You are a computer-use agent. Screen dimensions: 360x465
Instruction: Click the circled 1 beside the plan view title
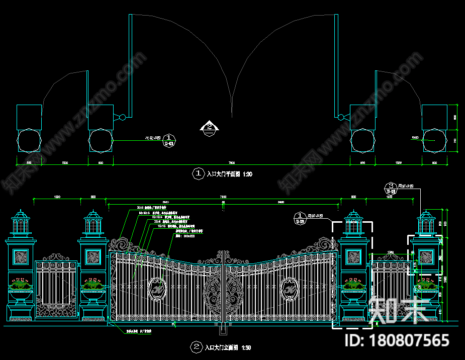click(x=197, y=174)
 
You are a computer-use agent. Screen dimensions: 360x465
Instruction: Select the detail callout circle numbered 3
click(x=390, y=185)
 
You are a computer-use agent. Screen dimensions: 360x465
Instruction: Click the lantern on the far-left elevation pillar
click(x=21, y=223)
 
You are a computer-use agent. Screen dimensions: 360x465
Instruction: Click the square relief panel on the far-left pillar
click(x=21, y=257)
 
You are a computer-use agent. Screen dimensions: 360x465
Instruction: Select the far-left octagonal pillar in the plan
click(x=29, y=140)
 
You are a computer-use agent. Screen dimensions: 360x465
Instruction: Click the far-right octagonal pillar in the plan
click(x=434, y=140)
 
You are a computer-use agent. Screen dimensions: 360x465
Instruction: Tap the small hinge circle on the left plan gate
click(x=122, y=117)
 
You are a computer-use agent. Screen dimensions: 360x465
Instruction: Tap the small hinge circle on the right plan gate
click(x=341, y=117)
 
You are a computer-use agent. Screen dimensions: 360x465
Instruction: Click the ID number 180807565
click(x=409, y=340)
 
